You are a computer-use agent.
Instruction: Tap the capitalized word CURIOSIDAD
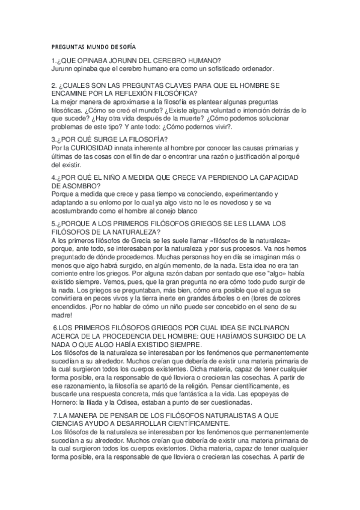pyautogui.click(x=87, y=148)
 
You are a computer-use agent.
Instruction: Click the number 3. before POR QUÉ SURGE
pyautogui.click(x=55, y=140)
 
